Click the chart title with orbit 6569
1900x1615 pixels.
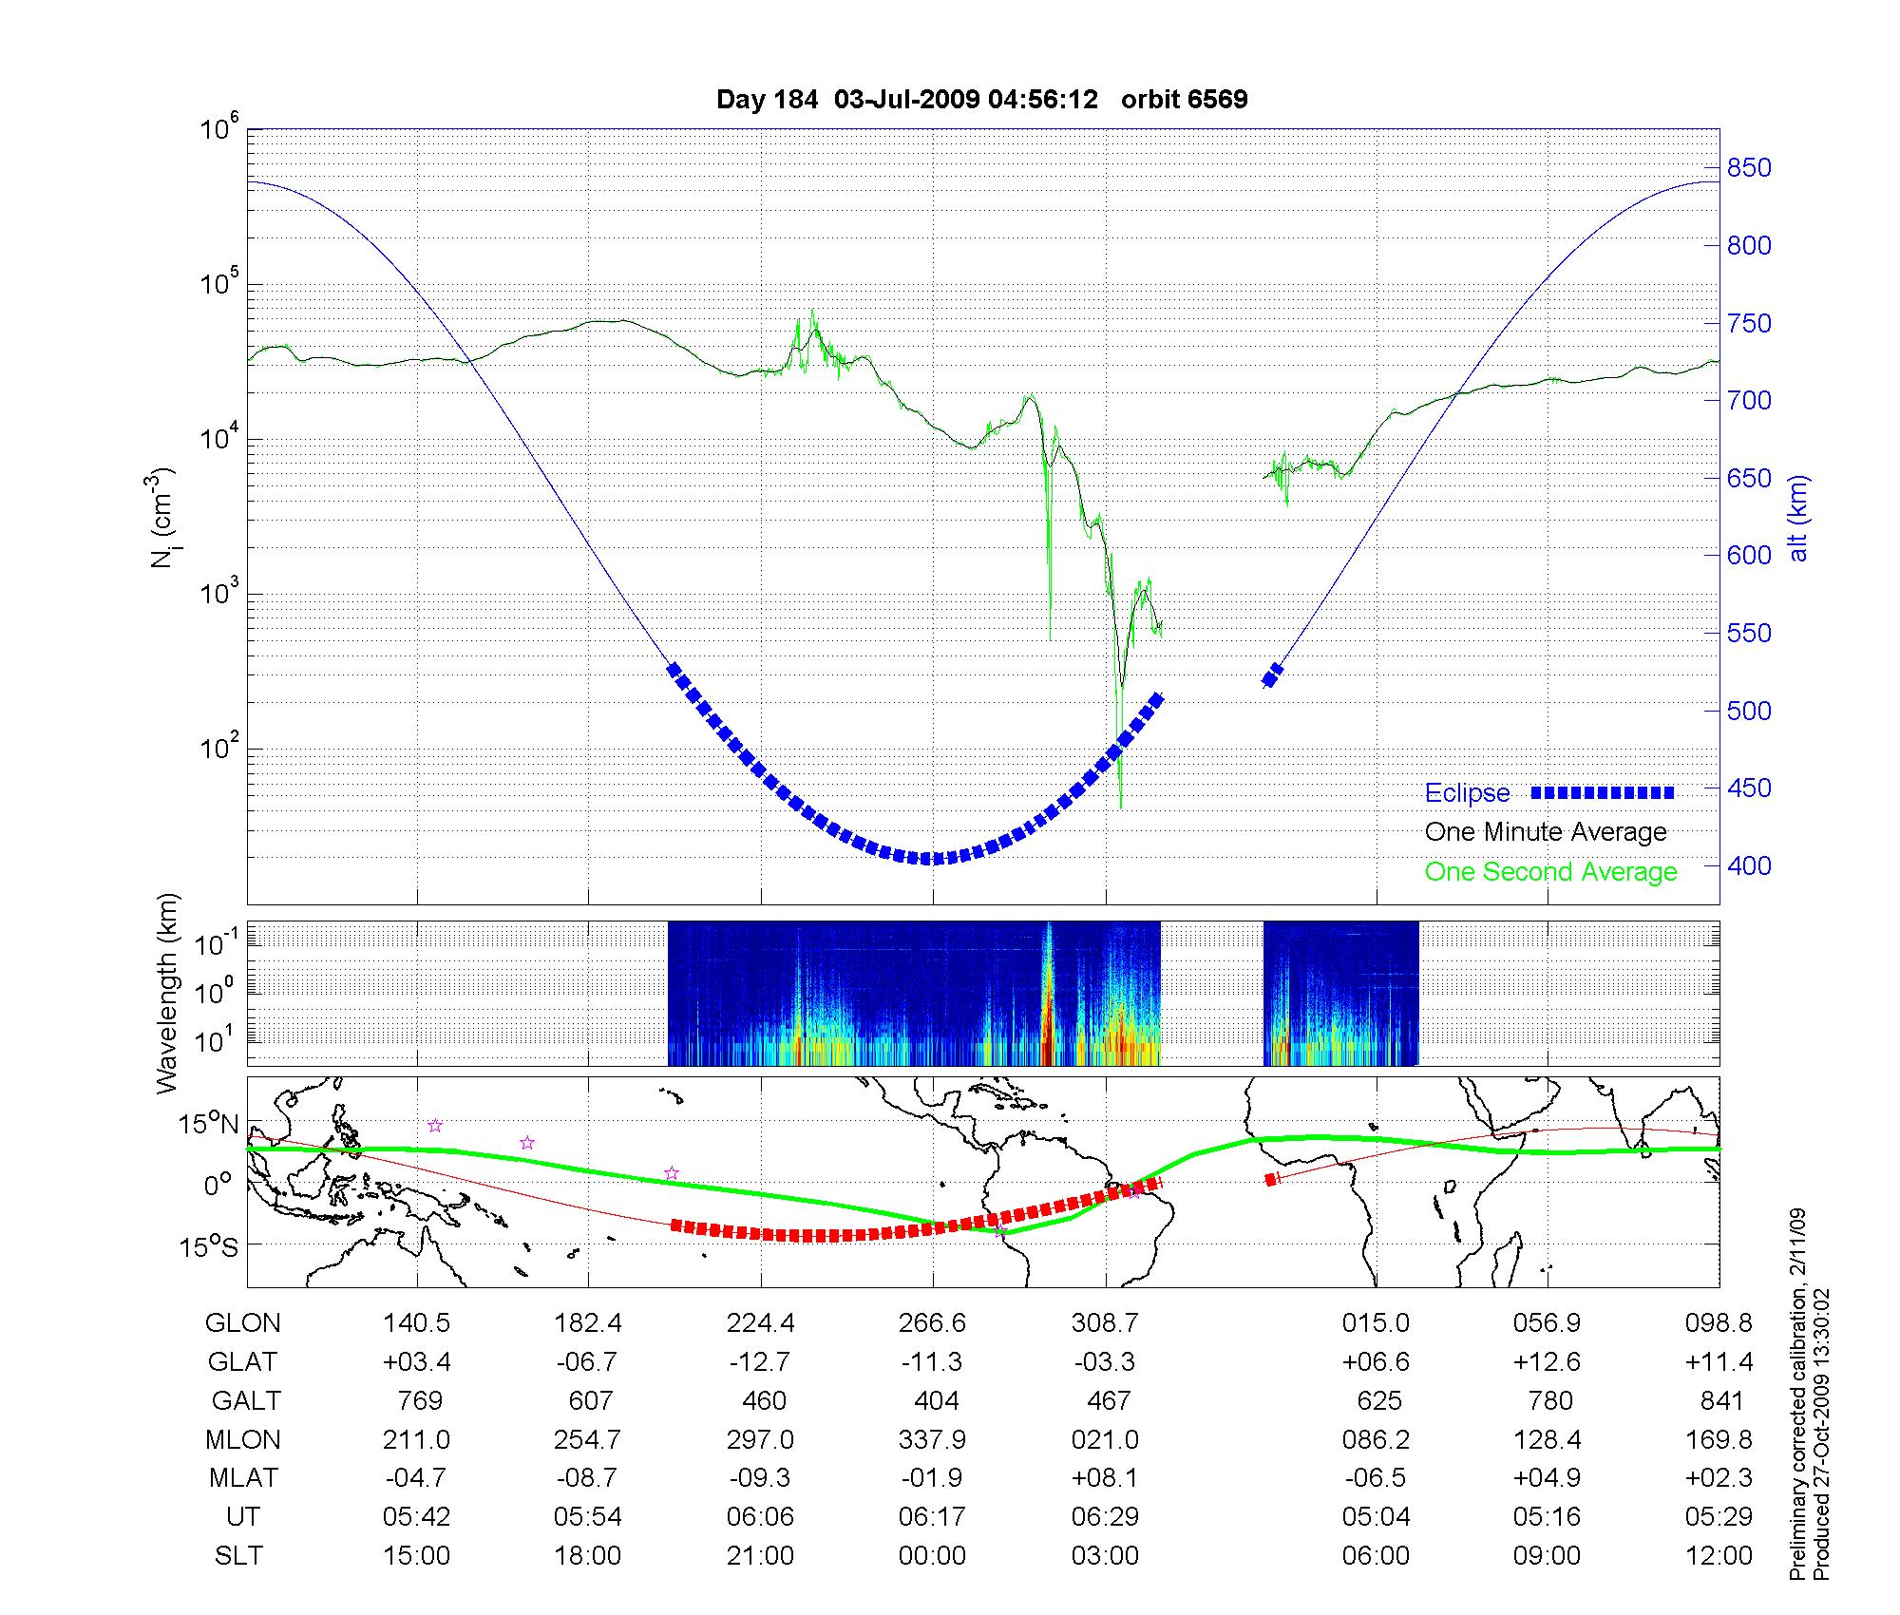click(x=981, y=100)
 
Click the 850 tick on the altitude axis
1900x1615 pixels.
click(x=1749, y=168)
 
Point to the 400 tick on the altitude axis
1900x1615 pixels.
click(x=1749, y=865)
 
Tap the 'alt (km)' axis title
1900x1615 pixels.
click(x=1798, y=518)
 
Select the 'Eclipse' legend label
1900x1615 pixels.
click(x=1467, y=793)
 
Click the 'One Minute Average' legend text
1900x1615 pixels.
click(x=1546, y=832)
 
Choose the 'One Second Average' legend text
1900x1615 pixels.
click(x=1550, y=872)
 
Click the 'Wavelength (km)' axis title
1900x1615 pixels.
click(x=168, y=994)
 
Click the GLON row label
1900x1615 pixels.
click(x=242, y=1322)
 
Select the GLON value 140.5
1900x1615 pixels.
click(x=416, y=1322)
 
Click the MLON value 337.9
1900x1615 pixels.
click(x=932, y=1439)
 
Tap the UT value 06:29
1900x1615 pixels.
click(x=1105, y=1517)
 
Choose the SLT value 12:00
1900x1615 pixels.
click(x=1719, y=1556)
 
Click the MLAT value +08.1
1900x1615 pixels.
click(x=1105, y=1478)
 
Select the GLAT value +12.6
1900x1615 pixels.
click(x=1547, y=1361)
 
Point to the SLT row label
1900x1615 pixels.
click(x=238, y=1556)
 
